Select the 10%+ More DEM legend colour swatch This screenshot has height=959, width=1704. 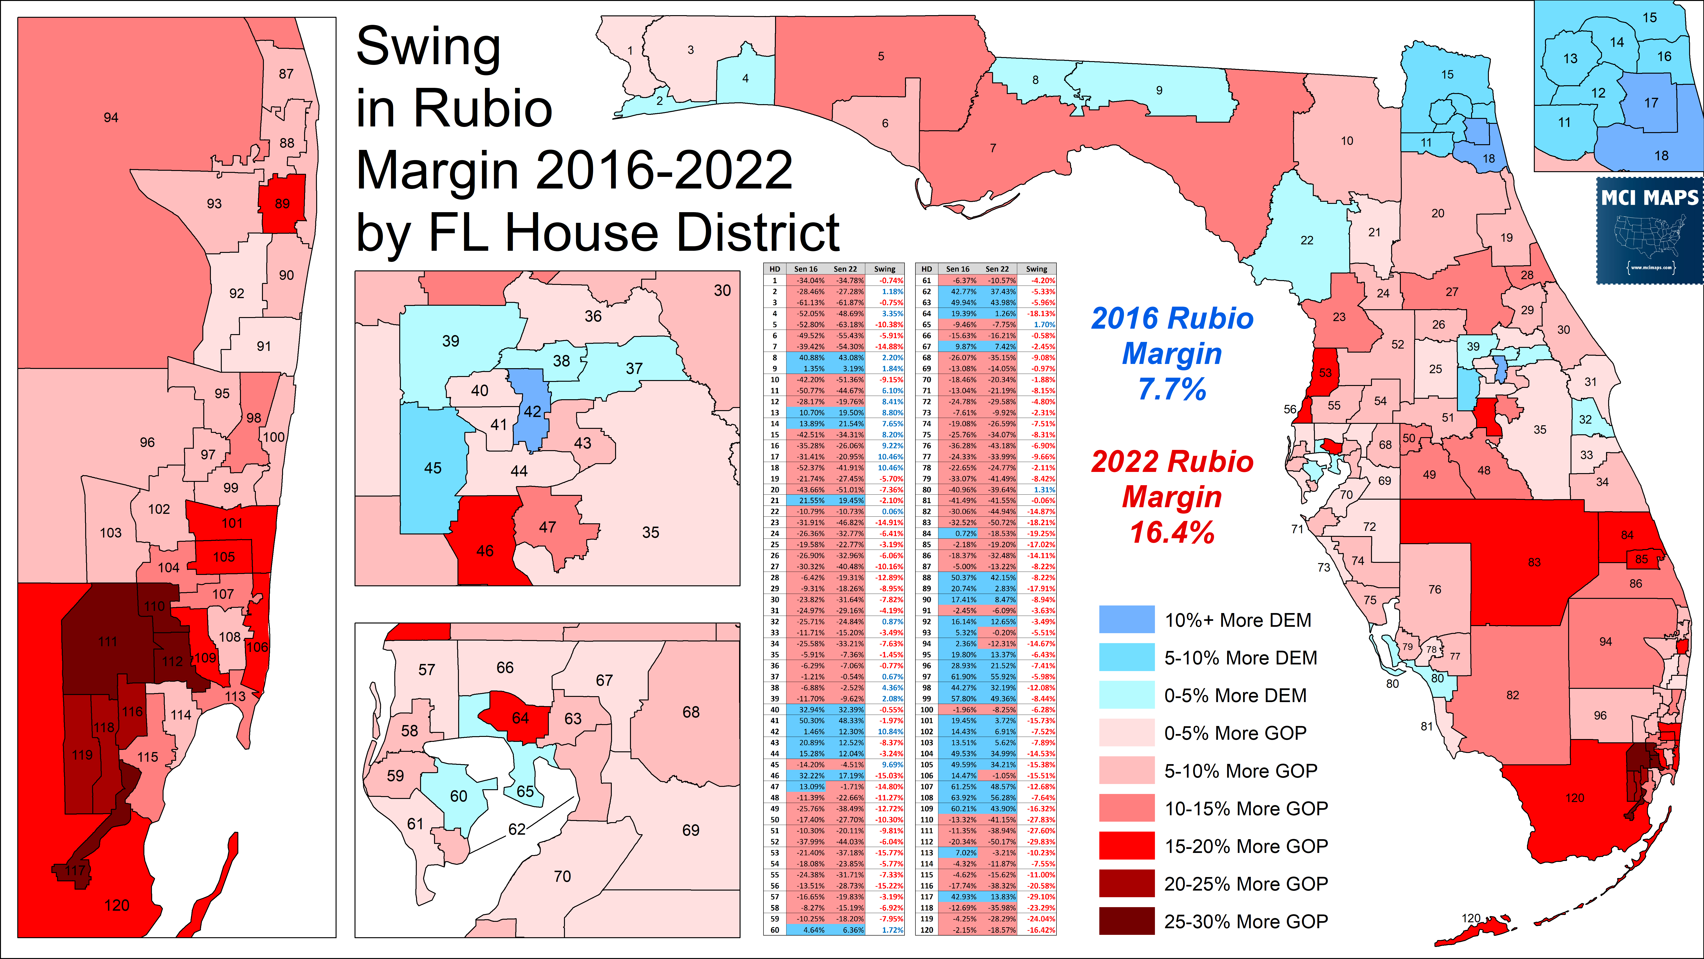1127,619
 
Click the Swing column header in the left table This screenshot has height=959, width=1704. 884,269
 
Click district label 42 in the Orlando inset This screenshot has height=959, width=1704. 532,412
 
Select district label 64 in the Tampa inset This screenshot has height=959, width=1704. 521,718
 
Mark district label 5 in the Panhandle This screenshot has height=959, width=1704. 881,56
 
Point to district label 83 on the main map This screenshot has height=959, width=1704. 1535,562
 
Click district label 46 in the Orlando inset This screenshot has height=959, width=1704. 485,551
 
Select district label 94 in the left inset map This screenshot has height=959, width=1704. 111,118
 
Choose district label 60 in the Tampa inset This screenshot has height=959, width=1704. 458,796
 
